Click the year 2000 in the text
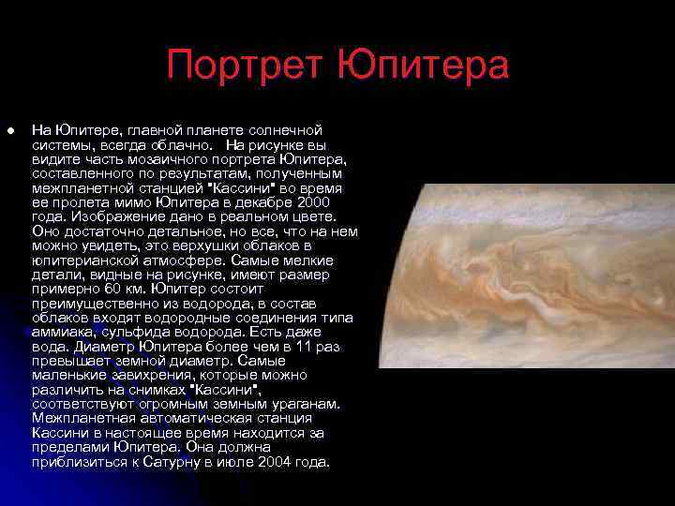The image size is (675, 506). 311,201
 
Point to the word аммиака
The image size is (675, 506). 61,332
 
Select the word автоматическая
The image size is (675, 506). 198,419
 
